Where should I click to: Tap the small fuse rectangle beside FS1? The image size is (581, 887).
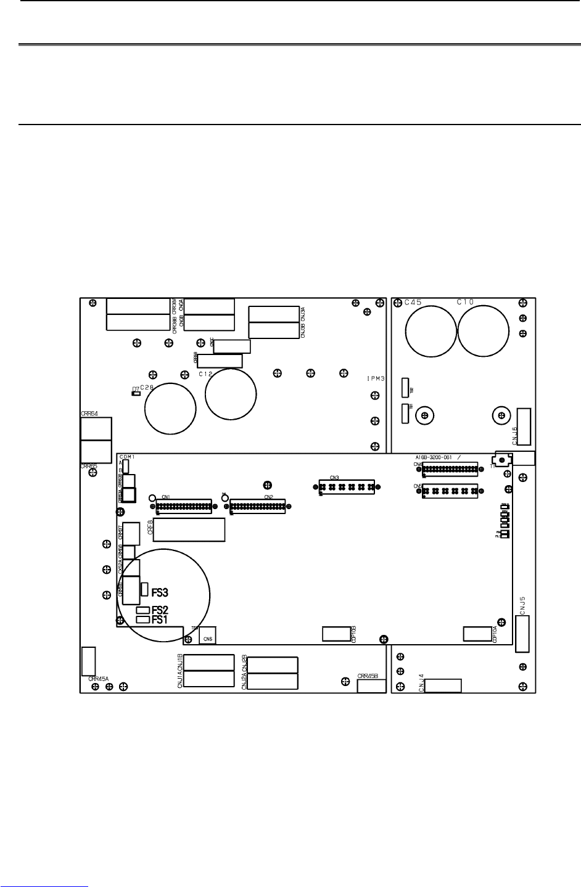click(143, 619)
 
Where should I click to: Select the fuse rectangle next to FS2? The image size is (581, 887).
click(143, 610)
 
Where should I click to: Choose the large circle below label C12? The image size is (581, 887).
click(230, 394)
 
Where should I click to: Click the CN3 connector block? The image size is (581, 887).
click(346, 487)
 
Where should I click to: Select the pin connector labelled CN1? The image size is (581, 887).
click(183, 507)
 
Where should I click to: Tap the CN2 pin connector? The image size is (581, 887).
click(258, 507)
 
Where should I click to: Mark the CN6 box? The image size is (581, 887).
click(207, 636)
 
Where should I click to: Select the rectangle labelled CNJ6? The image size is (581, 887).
click(524, 426)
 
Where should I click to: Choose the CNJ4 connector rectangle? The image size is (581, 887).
click(443, 685)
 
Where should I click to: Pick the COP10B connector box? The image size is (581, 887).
click(336, 634)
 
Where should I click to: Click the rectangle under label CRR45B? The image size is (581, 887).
click(371, 686)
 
